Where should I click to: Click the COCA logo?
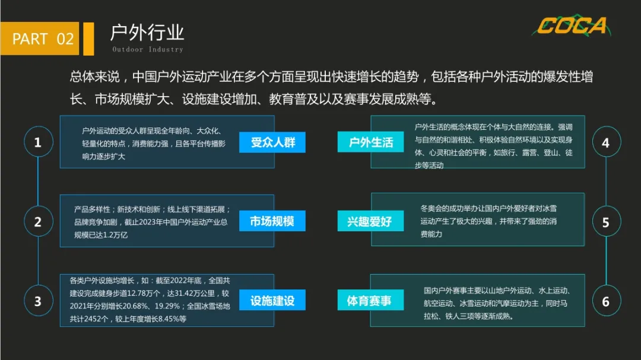click(x=572, y=26)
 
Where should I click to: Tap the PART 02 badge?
click(x=43, y=39)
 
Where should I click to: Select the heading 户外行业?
click(x=147, y=32)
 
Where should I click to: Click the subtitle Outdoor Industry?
click(x=148, y=49)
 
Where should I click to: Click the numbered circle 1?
click(x=38, y=143)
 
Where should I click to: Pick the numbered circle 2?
click(x=38, y=222)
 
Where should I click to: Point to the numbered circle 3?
click(x=38, y=301)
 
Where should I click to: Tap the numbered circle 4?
click(x=605, y=143)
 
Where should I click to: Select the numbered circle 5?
click(x=605, y=222)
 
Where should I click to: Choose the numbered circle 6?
click(x=605, y=301)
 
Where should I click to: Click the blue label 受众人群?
click(x=272, y=142)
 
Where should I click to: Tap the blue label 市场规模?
click(x=272, y=222)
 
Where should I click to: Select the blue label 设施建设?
click(x=272, y=301)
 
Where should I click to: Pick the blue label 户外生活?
click(x=371, y=142)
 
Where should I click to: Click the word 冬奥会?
click(x=431, y=209)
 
